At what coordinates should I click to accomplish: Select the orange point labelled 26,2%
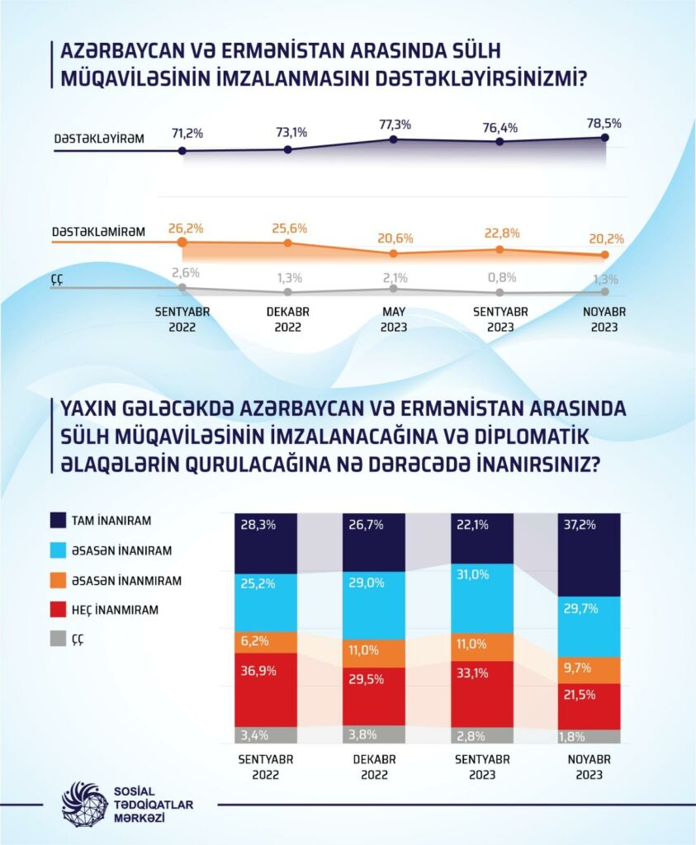(x=182, y=243)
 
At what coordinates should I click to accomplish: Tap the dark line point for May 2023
(x=394, y=139)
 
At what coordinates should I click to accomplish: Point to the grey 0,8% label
(x=500, y=277)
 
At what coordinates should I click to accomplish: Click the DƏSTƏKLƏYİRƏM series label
(x=100, y=139)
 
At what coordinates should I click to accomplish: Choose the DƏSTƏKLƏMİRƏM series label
(x=98, y=232)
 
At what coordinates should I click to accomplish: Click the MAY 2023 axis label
(x=394, y=320)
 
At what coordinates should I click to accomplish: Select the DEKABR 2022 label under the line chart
(x=287, y=320)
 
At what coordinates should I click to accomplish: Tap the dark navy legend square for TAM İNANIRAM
(x=59, y=520)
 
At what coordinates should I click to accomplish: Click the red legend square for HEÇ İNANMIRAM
(x=59, y=611)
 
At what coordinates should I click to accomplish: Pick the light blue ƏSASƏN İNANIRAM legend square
(x=59, y=550)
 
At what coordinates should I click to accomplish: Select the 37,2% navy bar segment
(x=589, y=555)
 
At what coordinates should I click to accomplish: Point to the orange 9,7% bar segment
(x=589, y=670)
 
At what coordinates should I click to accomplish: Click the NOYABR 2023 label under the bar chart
(x=589, y=767)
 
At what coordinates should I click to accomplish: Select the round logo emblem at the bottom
(x=83, y=804)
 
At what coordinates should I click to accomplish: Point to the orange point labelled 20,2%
(x=605, y=255)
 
